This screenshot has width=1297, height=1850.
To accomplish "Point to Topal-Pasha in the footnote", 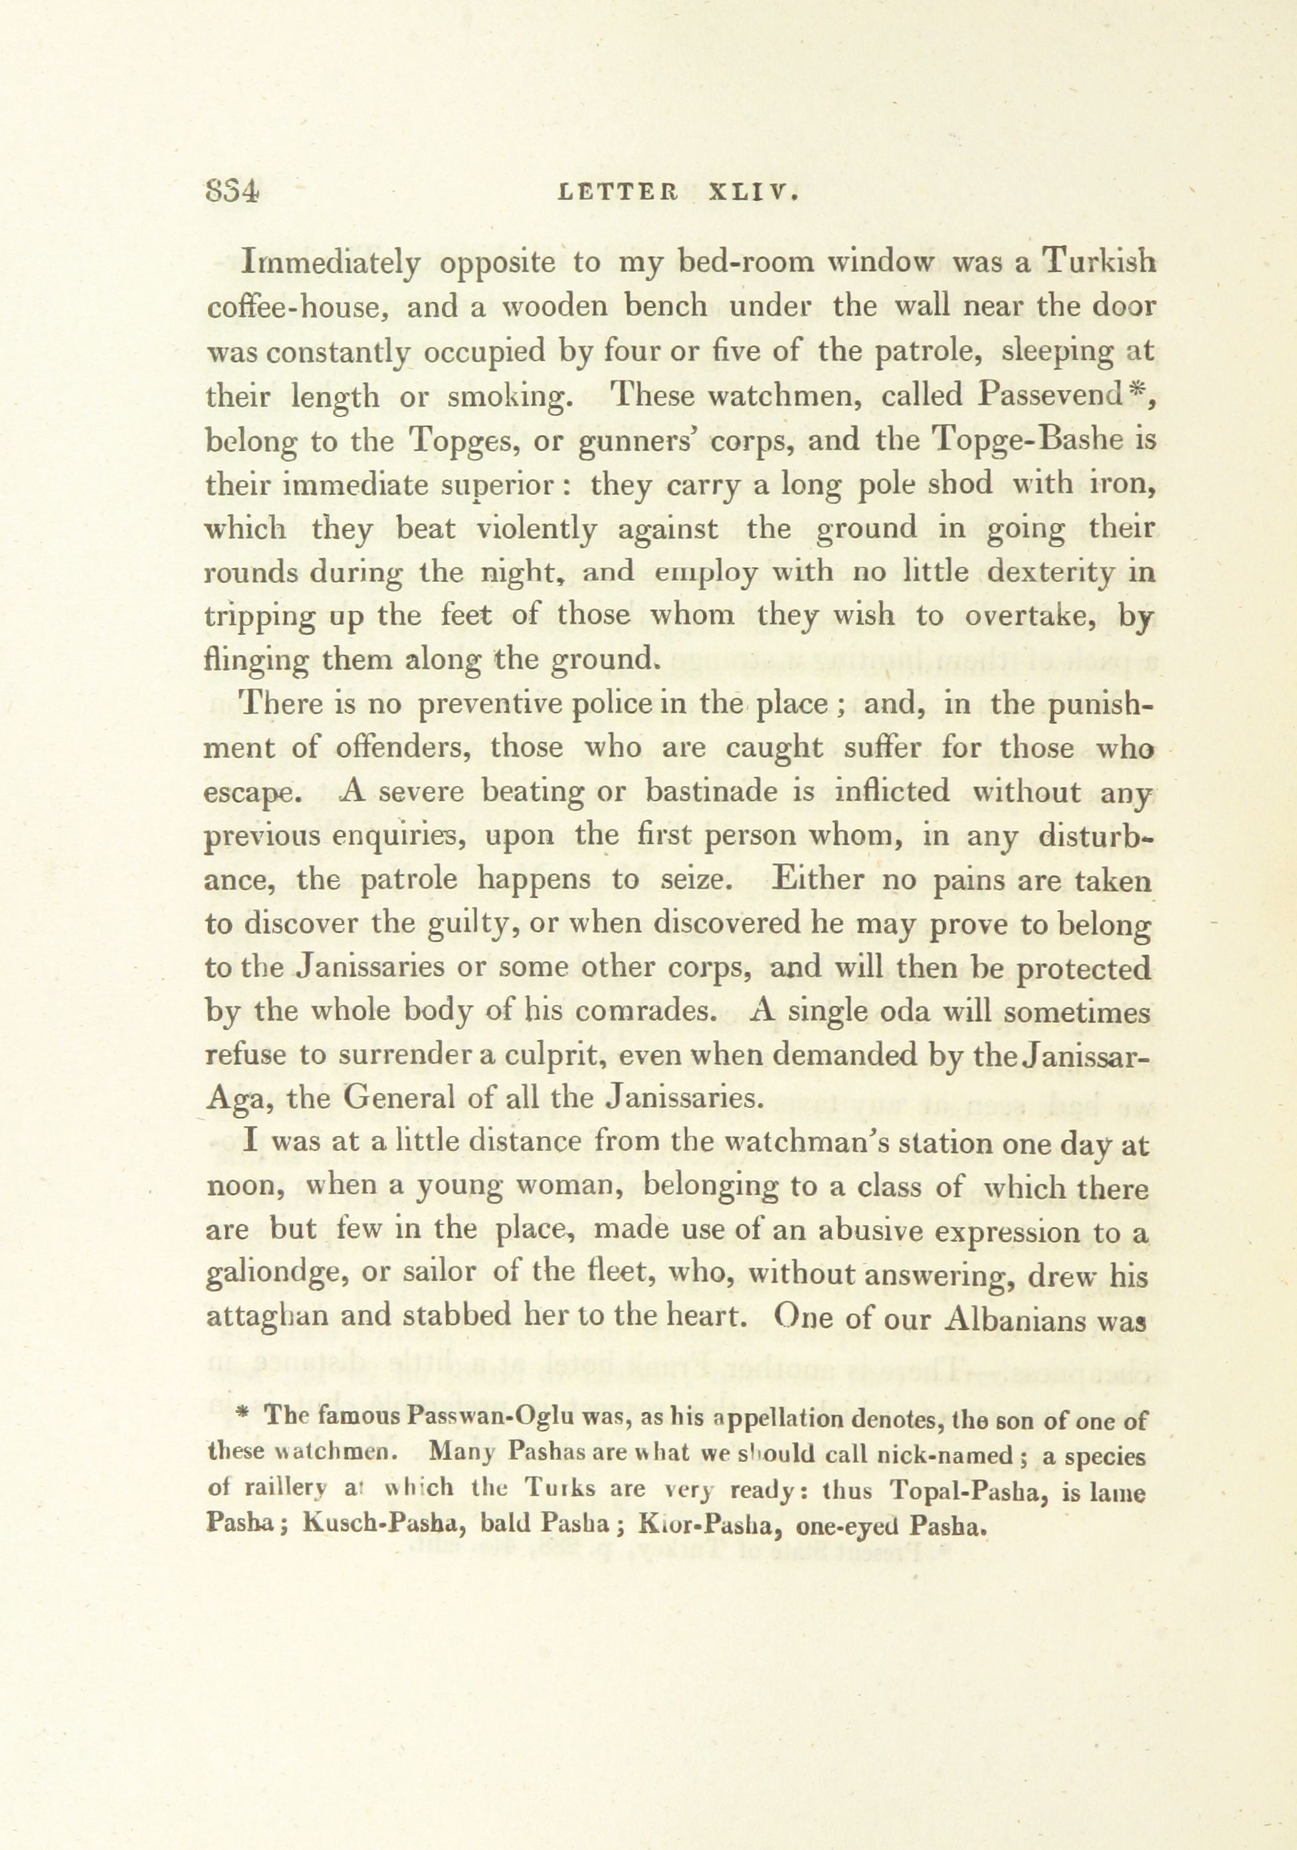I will click(969, 1491).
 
